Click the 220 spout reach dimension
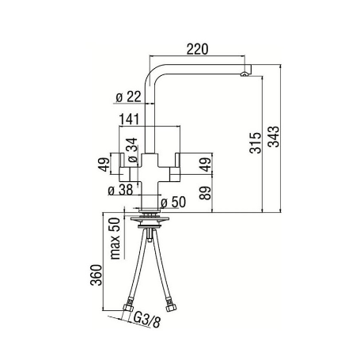click(197, 49)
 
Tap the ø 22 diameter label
click(128, 97)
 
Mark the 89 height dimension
click(207, 194)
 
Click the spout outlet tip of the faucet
click(244, 75)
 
